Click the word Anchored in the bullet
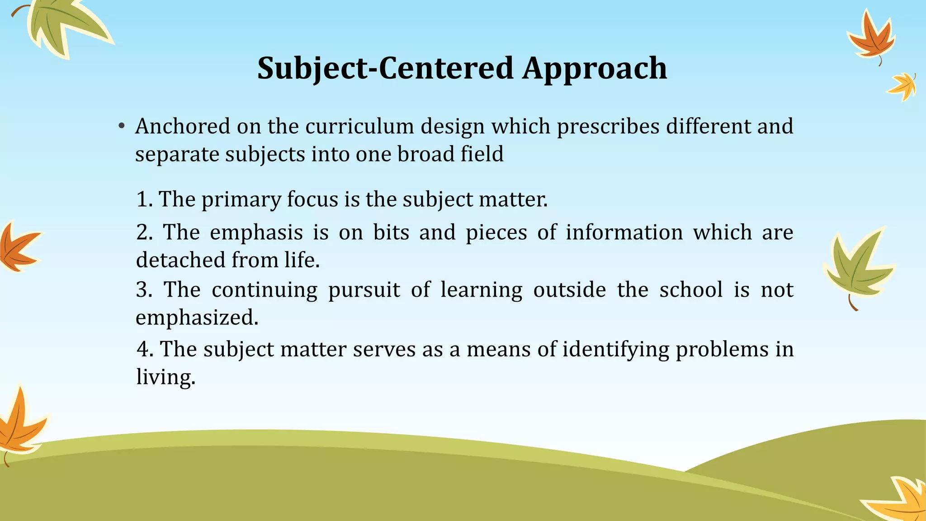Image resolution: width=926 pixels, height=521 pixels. [x=183, y=126]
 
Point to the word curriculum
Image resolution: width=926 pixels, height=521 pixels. [x=359, y=126]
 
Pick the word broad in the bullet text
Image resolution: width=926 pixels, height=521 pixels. [x=425, y=154]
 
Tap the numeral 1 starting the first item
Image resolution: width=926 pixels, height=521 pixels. [x=142, y=199]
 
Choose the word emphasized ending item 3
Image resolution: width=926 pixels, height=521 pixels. [x=197, y=317]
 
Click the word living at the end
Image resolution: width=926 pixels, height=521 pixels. [x=165, y=377]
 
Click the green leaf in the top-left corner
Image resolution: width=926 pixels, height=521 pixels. [x=63, y=25]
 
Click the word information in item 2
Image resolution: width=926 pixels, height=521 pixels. [x=624, y=232]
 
